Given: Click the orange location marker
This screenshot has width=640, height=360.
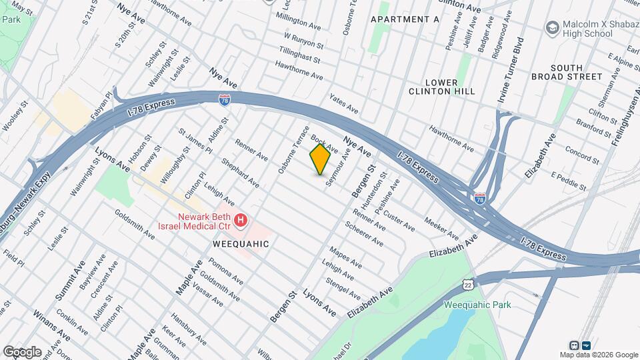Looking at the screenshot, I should click(320, 159).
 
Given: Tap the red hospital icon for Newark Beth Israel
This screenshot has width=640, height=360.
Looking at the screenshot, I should click(241, 219).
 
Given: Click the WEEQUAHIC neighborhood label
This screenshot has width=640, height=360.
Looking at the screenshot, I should click(241, 244).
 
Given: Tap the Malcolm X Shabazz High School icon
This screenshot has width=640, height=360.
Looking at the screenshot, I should click(552, 28).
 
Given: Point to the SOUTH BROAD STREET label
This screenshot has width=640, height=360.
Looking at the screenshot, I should click(576, 72).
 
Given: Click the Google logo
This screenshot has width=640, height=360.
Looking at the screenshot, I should click(21, 351).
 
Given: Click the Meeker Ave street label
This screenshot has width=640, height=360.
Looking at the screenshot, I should click(441, 230).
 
